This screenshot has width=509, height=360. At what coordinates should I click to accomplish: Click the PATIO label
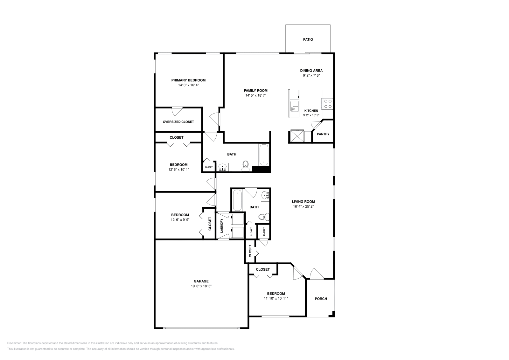tap(308, 39)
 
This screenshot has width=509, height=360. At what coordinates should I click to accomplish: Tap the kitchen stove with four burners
tap(327, 104)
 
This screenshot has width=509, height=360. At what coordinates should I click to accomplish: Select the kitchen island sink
tap(295, 107)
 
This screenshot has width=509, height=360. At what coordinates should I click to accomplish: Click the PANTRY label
tap(323, 134)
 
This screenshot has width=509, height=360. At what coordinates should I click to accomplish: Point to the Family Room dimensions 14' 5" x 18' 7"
tap(256, 95)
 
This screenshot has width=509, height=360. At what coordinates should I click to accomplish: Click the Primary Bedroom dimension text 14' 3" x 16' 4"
tap(188, 85)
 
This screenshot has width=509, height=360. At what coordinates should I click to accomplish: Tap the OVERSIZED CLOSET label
tap(178, 122)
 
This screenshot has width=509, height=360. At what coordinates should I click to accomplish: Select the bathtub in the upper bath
tap(264, 155)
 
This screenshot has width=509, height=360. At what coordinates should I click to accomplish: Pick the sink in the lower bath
tap(265, 195)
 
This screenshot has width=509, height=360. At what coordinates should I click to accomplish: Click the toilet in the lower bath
tap(264, 217)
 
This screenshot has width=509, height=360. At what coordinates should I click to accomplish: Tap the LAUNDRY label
tap(221, 225)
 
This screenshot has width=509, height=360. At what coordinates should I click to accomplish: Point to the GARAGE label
tap(201, 281)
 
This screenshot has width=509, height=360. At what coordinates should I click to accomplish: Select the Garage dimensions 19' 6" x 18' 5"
tap(201, 286)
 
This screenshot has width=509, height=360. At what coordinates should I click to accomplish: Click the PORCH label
tap(321, 299)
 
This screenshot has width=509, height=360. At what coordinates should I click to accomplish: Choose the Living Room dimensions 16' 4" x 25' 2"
tap(303, 206)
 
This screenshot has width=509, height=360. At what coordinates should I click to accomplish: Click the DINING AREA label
tap(311, 71)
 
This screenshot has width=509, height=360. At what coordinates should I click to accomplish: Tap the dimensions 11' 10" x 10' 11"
tap(276, 298)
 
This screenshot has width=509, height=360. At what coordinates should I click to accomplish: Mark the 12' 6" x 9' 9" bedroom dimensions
tap(180, 220)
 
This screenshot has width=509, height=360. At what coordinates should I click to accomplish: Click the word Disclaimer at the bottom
tap(14, 343)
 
